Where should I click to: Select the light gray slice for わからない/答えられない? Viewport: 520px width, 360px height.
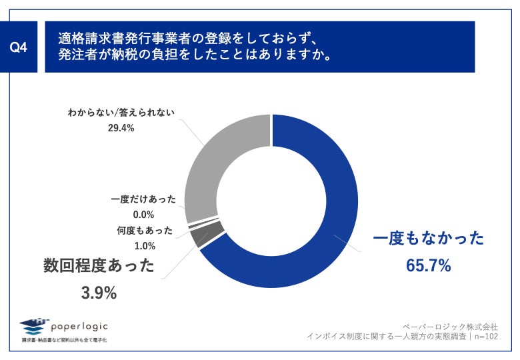(220, 160)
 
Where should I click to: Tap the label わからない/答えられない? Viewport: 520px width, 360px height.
(121, 113)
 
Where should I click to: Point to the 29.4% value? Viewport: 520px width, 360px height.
(121, 128)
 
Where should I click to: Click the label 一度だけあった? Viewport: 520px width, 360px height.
(143, 199)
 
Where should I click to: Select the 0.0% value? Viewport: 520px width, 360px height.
(143, 215)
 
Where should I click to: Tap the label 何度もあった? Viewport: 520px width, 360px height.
(145, 231)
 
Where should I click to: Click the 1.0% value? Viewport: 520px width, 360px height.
(145, 245)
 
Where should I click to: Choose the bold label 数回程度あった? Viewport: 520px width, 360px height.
(99, 267)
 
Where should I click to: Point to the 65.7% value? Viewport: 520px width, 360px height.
(428, 265)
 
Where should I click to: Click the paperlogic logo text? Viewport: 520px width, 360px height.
(79, 326)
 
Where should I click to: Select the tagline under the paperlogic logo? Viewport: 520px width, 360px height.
(64, 340)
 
